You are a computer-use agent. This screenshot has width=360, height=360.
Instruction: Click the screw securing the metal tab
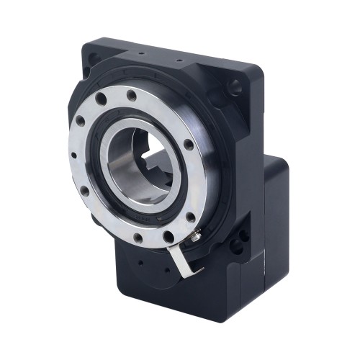pos(195,233)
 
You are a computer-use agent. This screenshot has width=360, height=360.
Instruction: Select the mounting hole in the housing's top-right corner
pos(235,89)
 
